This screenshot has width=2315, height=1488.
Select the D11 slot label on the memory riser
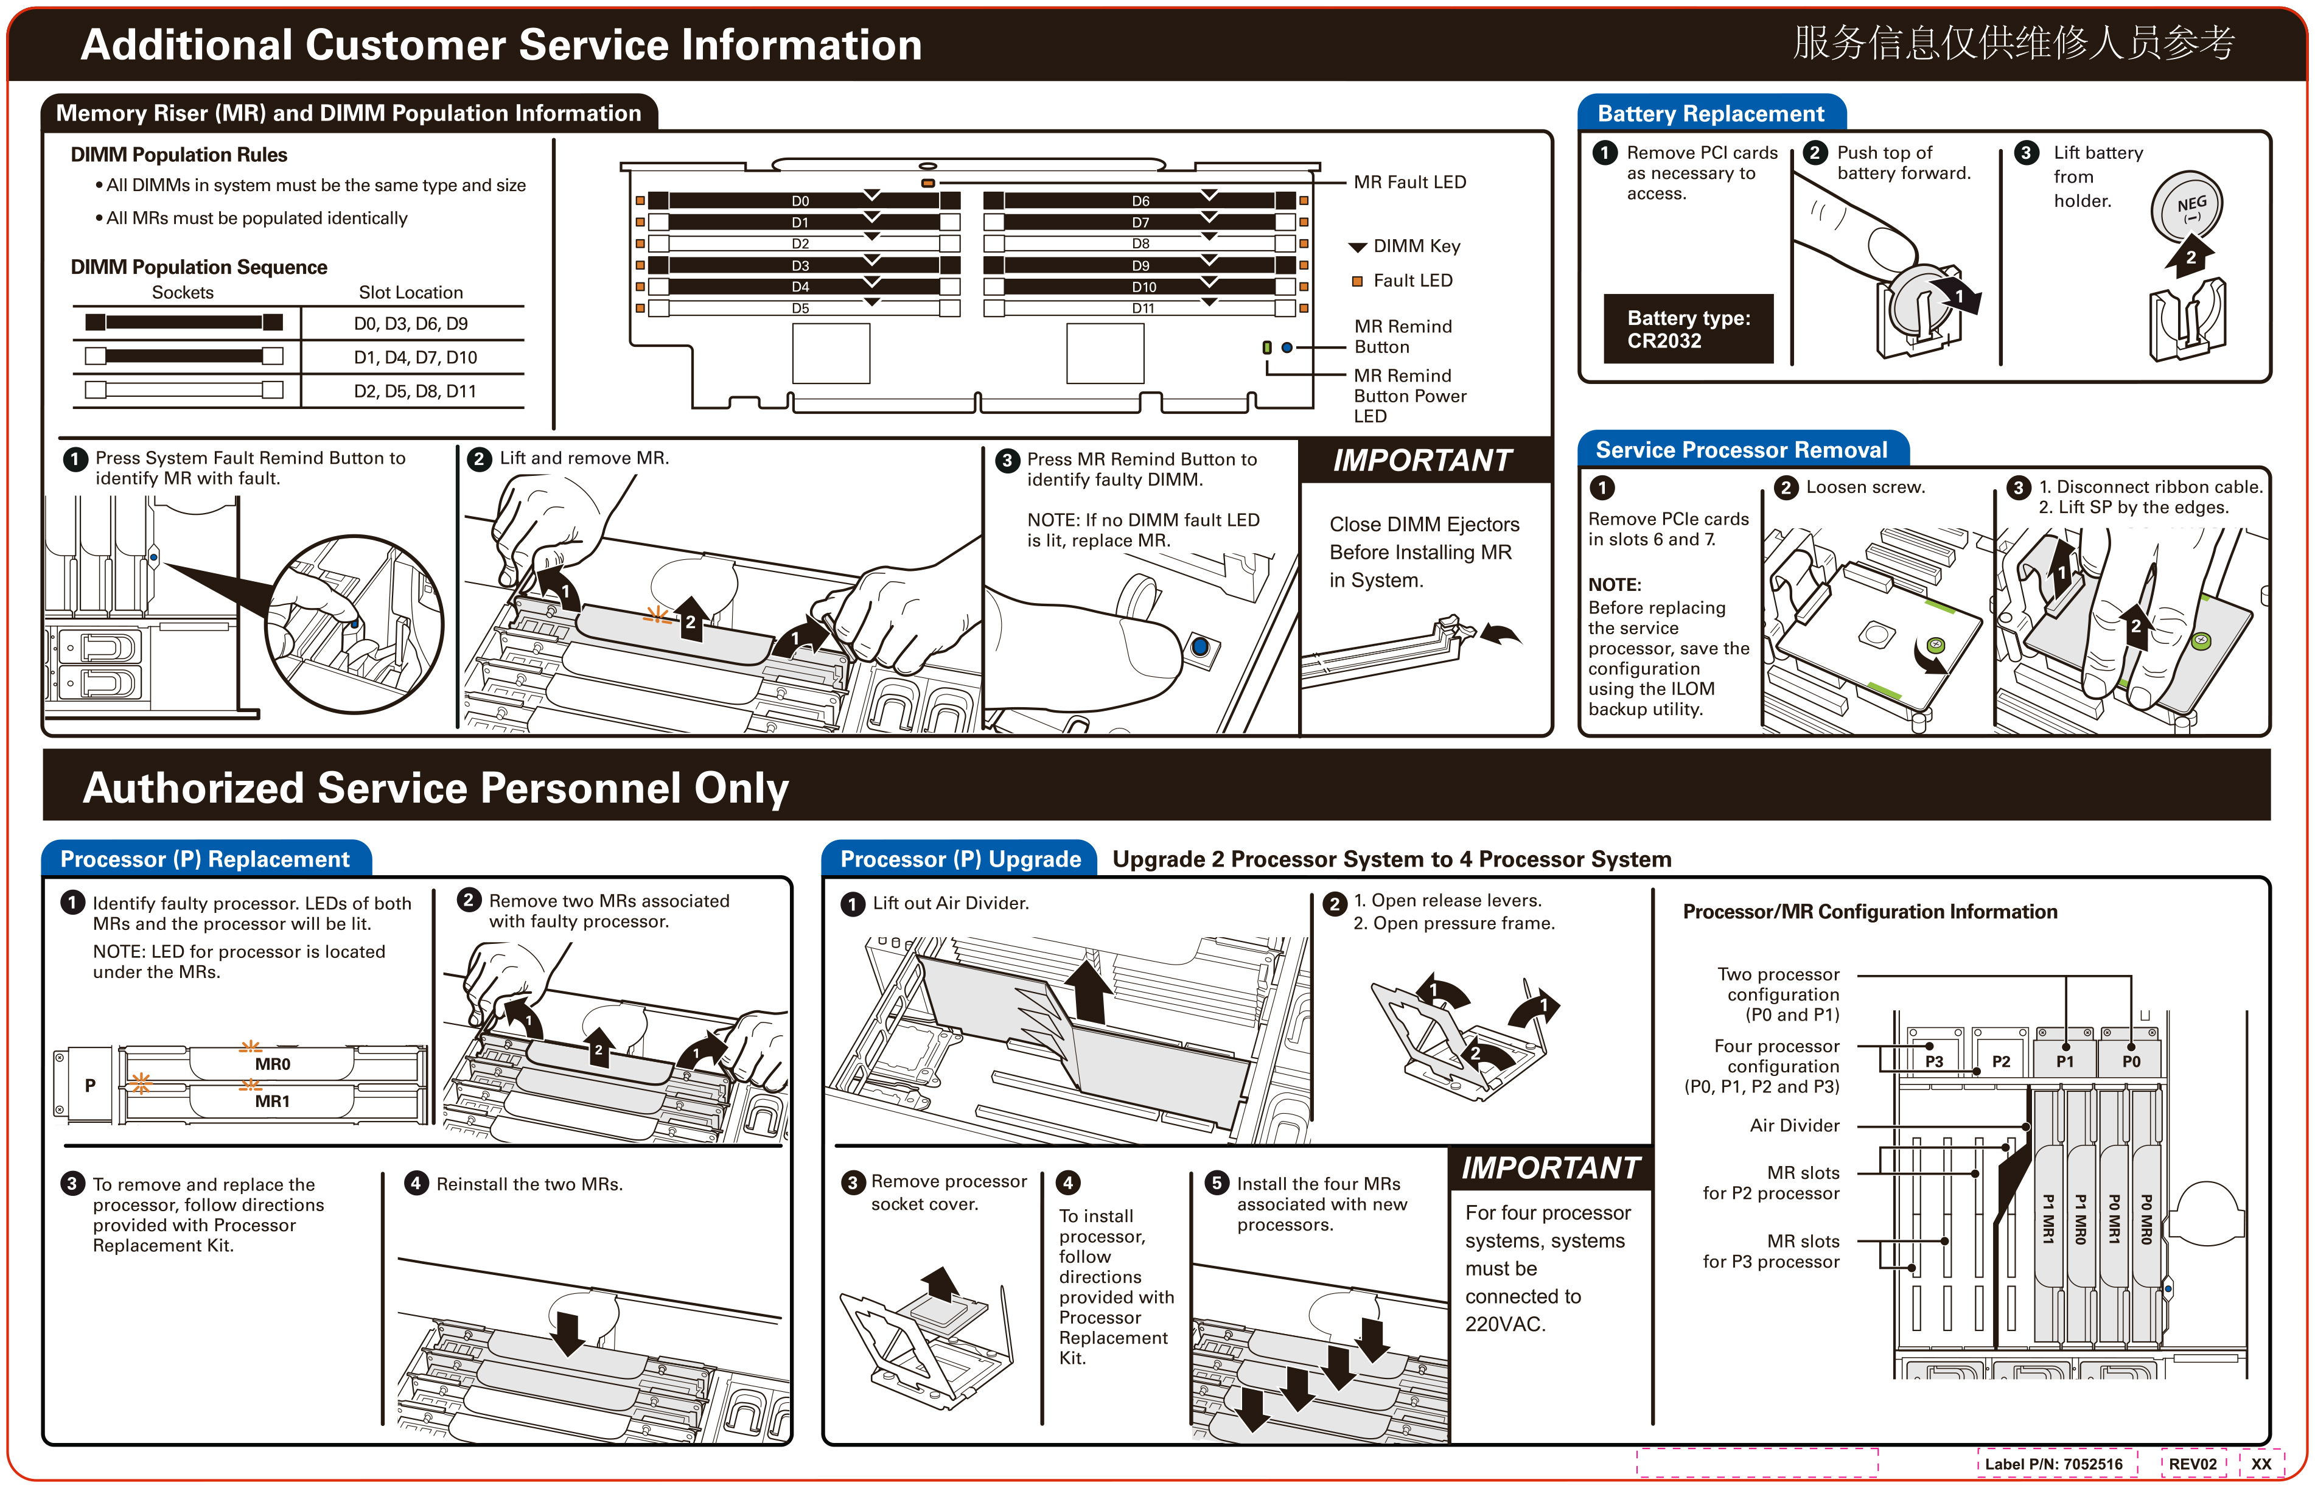[1143, 308]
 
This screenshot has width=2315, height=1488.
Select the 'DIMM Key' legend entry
[1416, 246]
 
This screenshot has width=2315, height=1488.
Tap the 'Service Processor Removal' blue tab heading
[1741, 450]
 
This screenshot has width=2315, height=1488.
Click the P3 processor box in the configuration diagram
[1933, 1061]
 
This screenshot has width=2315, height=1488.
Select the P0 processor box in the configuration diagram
[2131, 1061]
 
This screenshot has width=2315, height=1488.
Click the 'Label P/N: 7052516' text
[2053, 1464]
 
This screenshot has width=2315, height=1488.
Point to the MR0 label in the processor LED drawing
[273, 1064]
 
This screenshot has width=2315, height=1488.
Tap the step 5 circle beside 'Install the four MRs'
[1217, 1184]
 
